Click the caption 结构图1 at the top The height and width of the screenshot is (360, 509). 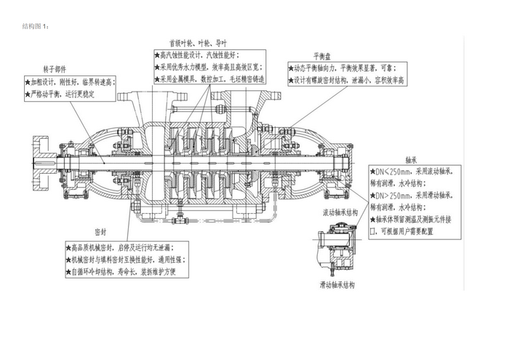click(36, 26)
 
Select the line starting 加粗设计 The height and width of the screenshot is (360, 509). click(68, 82)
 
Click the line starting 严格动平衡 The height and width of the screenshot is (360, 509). click(68, 94)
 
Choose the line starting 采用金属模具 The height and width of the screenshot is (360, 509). click(208, 79)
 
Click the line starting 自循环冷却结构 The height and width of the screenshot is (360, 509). click(120, 271)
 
